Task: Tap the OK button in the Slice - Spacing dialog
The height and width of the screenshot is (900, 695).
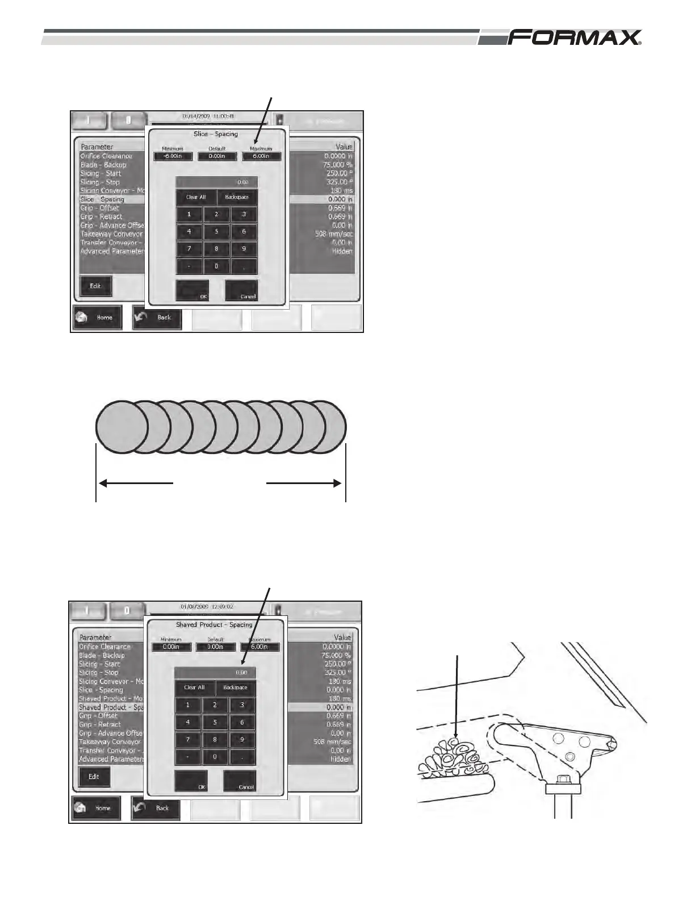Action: (192, 290)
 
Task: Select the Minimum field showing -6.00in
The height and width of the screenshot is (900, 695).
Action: (173, 156)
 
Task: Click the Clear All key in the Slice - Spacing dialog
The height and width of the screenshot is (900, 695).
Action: (196, 197)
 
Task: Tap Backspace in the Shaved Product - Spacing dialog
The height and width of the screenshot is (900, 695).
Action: (235, 688)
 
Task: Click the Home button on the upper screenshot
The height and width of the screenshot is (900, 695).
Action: (97, 318)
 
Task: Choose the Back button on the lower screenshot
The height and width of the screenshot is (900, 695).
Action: (156, 808)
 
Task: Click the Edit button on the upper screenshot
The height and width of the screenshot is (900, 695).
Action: (95, 286)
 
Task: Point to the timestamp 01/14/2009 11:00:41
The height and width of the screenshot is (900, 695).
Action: (208, 116)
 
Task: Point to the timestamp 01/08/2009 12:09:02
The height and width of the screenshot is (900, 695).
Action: (207, 606)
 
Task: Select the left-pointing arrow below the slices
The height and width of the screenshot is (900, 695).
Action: (136, 484)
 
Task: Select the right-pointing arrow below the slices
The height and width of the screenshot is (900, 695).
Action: (304, 484)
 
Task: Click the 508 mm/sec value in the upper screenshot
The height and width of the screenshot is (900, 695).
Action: (334, 234)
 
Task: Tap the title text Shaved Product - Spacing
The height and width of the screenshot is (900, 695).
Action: (214, 624)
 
